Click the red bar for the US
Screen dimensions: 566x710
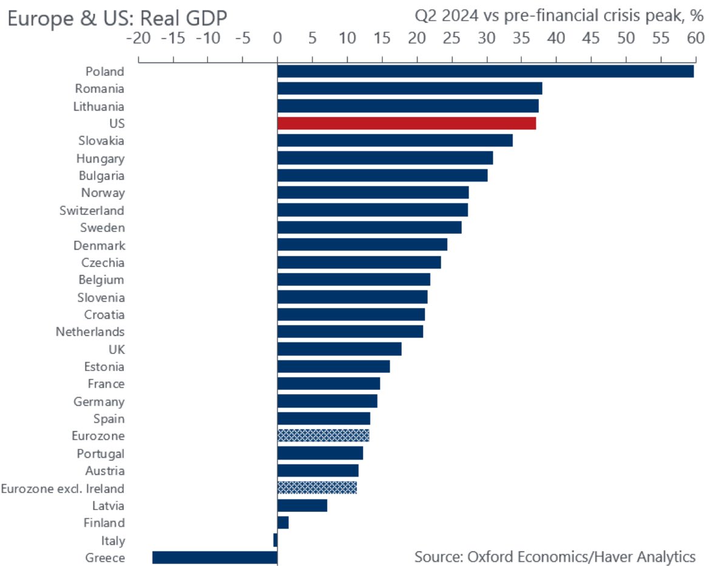click(x=407, y=123)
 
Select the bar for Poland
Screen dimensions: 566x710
click(x=485, y=71)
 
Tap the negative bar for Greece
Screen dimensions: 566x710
click(x=215, y=557)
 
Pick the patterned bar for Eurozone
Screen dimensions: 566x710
click(x=323, y=435)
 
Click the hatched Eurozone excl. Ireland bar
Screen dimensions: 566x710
click(x=317, y=488)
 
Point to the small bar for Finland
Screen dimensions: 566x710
click(x=283, y=522)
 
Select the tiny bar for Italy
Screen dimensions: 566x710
click(x=276, y=540)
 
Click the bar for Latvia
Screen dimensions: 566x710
click(x=302, y=505)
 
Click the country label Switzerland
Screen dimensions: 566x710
click(x=92, y=211)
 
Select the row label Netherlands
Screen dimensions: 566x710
click(x=90, y=332)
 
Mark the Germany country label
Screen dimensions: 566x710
click(x=99, y=401)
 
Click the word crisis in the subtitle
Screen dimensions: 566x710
click(x=612, y=17)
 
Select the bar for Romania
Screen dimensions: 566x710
click(x=410, y=89)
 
